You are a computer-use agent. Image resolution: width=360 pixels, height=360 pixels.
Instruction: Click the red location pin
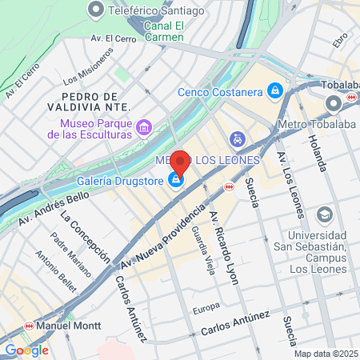180,162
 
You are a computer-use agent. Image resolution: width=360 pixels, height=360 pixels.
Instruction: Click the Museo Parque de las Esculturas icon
144,127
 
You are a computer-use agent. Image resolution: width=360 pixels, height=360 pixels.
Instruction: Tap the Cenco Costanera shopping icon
275,90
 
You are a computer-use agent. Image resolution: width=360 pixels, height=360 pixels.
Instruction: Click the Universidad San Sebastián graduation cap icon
324,214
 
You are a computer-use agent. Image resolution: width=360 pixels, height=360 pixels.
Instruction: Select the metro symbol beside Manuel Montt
30,326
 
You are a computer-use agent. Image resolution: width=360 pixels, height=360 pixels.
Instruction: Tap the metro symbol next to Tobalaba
350,96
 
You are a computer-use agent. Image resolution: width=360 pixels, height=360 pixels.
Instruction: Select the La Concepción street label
85,237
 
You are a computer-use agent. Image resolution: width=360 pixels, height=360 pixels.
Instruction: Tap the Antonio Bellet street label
50,268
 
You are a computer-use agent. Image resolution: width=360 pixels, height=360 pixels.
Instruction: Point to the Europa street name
206,308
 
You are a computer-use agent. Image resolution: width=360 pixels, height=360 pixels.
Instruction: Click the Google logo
26,350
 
